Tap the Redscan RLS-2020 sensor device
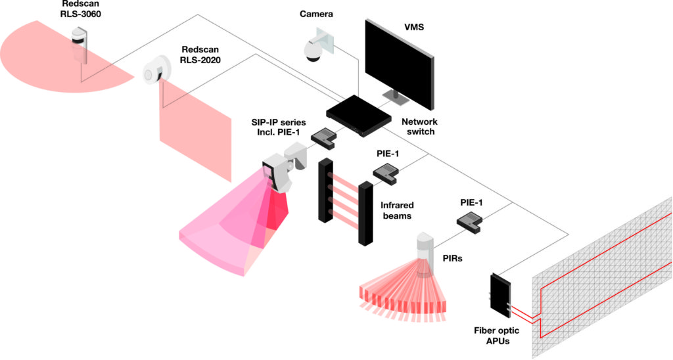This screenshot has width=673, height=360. [x=156, y=68]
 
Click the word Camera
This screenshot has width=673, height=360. [x=317, y=13]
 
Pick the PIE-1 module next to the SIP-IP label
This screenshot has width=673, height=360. [x=323, y=137]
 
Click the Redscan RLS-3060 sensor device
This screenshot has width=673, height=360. [x=80, y=45]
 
